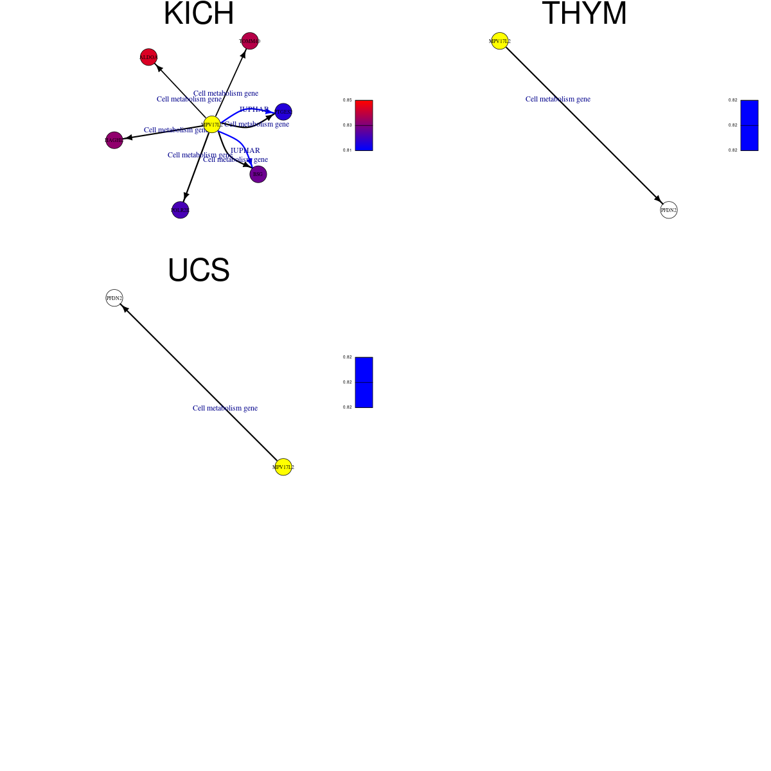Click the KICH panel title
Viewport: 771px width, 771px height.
199,13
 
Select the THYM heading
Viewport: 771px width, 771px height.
584,13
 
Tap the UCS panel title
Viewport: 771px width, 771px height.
199,270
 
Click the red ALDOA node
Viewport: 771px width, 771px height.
148,57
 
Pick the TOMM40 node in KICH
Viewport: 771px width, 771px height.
250,41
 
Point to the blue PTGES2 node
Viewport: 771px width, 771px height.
283,112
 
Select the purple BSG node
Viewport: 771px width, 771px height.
258,174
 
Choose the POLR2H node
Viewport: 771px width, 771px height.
181,210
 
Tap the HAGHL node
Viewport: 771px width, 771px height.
114,140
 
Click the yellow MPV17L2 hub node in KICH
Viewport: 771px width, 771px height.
212,125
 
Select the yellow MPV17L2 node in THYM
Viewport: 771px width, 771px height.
500,41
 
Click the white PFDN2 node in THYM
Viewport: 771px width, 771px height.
669,210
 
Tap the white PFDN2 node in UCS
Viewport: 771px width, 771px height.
114,298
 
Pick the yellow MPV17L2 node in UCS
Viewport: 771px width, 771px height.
283,467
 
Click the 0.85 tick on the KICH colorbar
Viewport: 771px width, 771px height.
348,100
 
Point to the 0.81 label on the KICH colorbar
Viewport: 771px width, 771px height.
348,150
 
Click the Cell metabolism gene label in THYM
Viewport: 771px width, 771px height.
558,99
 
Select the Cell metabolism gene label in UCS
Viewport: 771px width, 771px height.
225,408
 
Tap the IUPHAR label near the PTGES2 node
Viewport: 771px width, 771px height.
254,109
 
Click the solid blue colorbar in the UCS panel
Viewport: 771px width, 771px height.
364,382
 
